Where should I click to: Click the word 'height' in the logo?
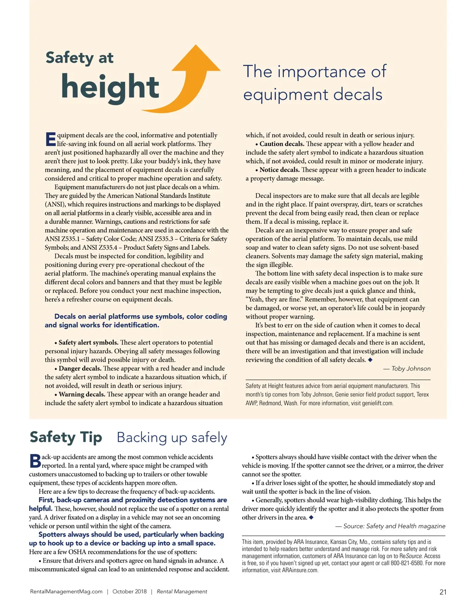tap(110, 87)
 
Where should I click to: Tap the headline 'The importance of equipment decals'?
tap(314, 83)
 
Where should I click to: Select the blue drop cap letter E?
tap(50, 139)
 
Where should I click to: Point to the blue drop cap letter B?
tap(35, 461)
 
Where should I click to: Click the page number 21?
tap(443, 592)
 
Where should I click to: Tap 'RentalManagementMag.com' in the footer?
tap(66, 592)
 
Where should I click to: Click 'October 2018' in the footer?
tap(129, 592)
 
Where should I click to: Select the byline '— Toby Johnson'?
tap(407, 369)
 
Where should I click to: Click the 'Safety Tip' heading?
tap(66, 437)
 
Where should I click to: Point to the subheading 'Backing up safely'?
tap(172, 438)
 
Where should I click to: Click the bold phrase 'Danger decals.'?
tap(80, 369)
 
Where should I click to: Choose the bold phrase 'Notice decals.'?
tap(279, 170)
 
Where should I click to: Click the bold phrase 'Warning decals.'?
tap(82, 395)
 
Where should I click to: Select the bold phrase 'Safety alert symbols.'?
tap(88, 343)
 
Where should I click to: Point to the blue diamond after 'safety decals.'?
tap(370, 360)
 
